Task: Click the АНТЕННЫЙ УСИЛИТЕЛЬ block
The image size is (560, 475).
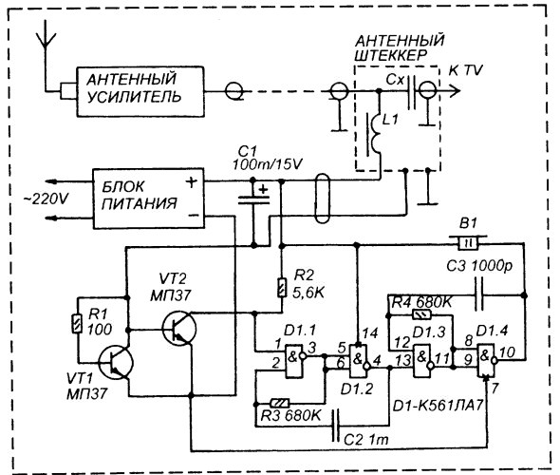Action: [x=140, y=91]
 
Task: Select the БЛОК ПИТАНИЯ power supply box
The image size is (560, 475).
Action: [x=149, y=198]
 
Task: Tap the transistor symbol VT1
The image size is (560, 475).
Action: [x=115, y=363]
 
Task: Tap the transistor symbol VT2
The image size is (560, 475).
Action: [x=178, y=329]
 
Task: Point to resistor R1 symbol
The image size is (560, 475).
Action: [x=77, y=323]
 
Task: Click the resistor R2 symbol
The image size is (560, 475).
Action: [x=282, y=288]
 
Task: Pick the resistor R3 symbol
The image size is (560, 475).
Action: [x=280, y=404]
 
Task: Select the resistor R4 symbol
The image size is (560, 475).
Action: [x=421, y=314]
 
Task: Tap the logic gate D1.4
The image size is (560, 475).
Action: [x=488, y=361]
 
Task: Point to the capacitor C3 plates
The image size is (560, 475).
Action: [x=479, y=295]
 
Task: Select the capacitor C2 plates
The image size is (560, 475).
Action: [x=336, y=426]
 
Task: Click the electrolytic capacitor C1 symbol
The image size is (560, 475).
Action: [x=253, y=199]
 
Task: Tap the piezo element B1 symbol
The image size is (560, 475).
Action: [x=468, y=242]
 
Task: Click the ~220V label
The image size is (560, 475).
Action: [x=46, y=199]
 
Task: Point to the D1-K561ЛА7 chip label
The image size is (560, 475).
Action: [x=438, y=406]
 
